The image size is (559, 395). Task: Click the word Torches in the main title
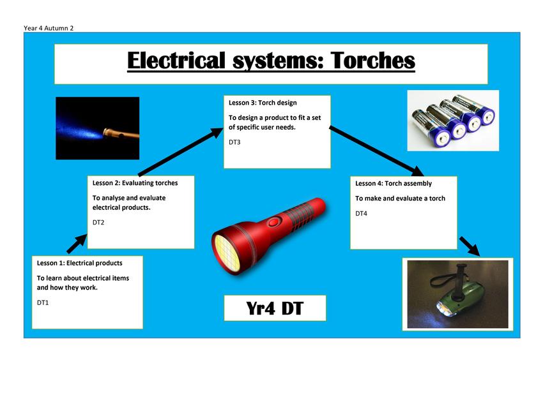[x=373, y=60]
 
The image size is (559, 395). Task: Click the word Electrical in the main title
[x=176, y=60]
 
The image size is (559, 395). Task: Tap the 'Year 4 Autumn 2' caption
[x=49, y=28]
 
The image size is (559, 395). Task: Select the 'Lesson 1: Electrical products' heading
[x=79, y=263]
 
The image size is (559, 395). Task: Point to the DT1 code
[x=43, y=302]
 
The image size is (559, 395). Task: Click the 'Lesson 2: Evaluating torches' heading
[x=135, y=183]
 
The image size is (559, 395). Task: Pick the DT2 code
[x=98, y=222]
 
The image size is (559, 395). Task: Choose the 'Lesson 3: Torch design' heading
[x=263, y=103]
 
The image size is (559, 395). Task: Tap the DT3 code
[x=234, y=142]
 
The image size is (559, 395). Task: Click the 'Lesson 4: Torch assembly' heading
[x=394, y=183]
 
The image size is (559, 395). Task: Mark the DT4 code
[x=361, y=213]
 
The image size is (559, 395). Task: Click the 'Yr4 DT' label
[x=275, y=308]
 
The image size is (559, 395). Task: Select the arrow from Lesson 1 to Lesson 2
[x=77, y=244]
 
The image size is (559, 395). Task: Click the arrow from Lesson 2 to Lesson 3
[x=180, y=152]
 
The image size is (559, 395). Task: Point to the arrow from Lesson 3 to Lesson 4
[x=376, y=151]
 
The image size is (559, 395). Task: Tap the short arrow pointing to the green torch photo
[x=470, y=246]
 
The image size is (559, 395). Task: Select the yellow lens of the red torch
[x=227, y=253]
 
